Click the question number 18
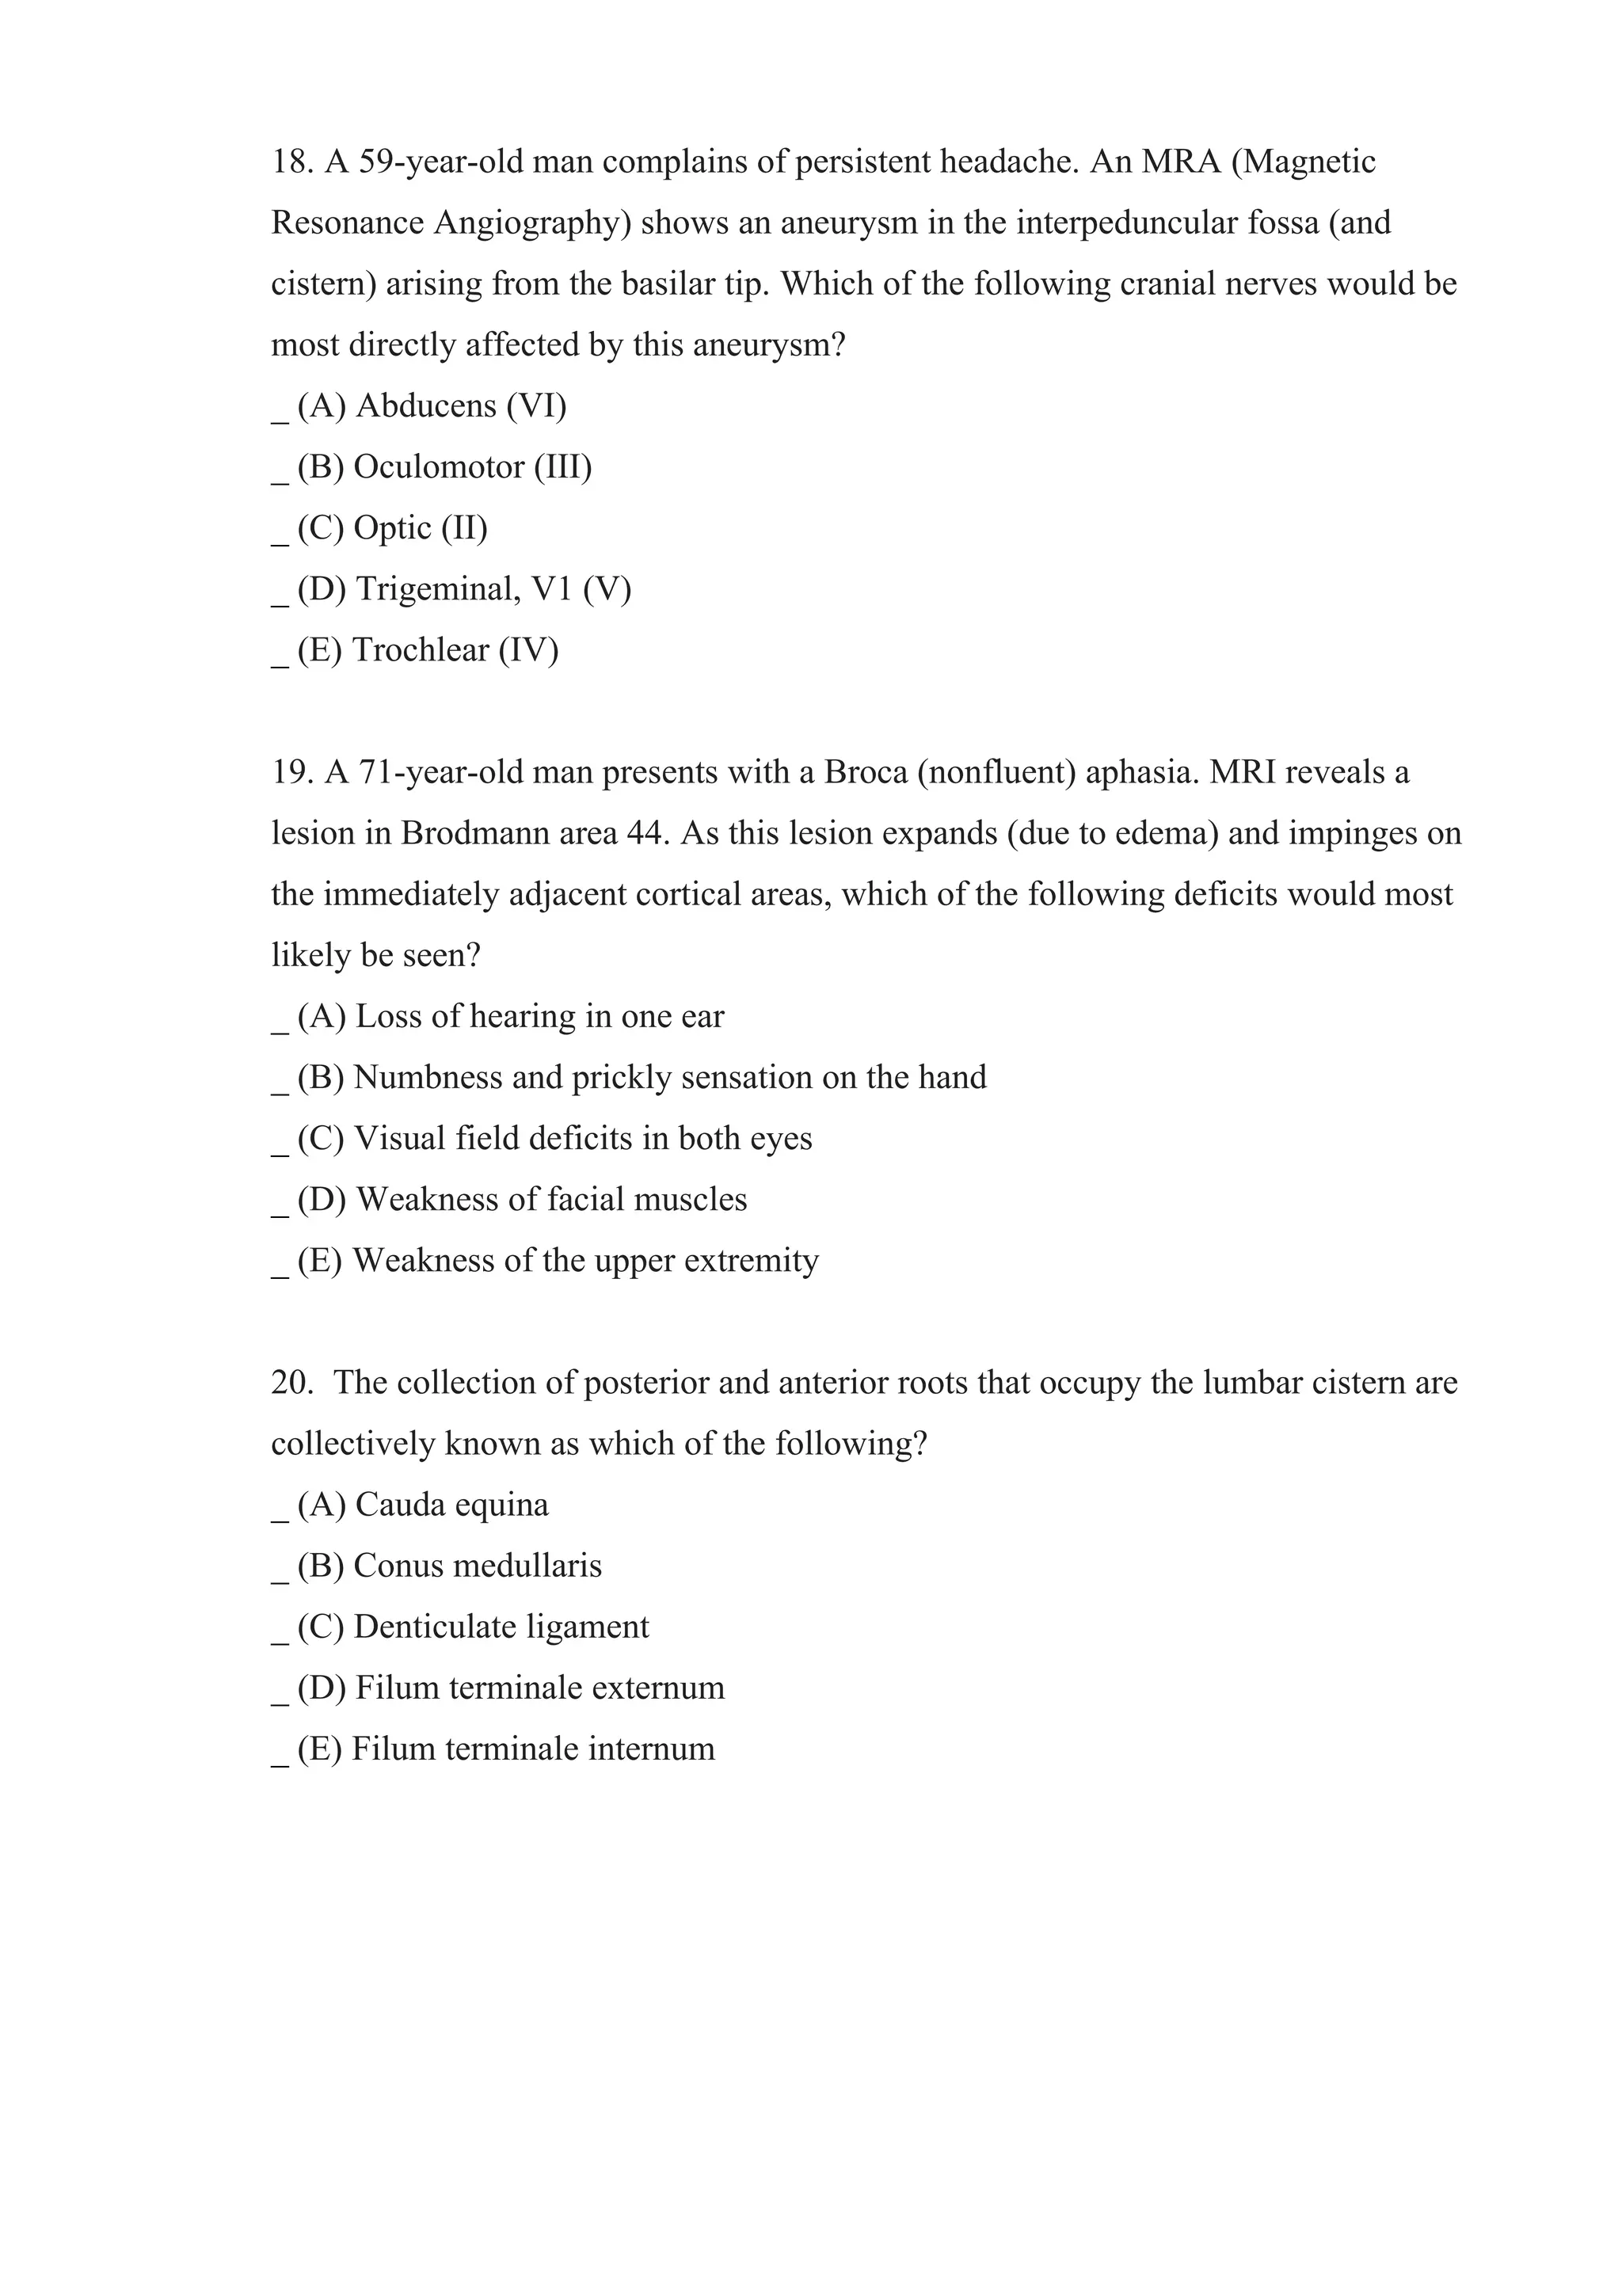(x=291, y=162)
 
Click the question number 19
(x=291, y=773)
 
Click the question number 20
(x=291, y=1383)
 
